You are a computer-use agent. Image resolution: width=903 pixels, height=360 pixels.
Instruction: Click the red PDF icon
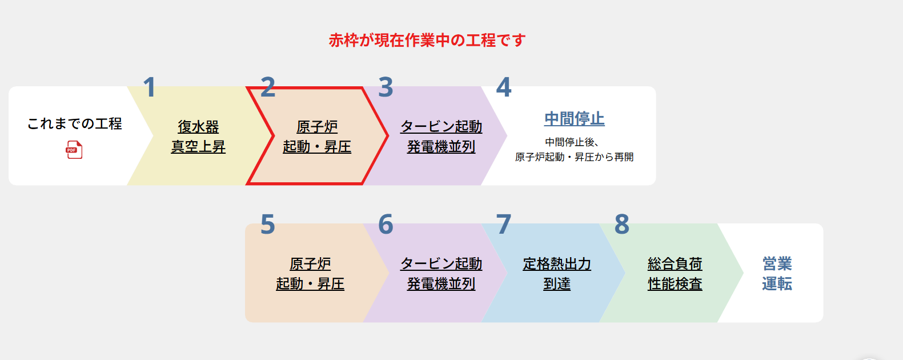click(x=74, y=150)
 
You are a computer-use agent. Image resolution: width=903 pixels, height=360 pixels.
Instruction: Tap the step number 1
click(x=150, y=87)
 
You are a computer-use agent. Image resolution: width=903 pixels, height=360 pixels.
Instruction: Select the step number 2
click(x=268, y=87)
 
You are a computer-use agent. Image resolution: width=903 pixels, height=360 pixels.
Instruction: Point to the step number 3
click(x=386, y=87)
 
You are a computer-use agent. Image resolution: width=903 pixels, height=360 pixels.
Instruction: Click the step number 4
click(x=504, y=87)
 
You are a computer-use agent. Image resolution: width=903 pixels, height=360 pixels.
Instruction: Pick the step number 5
click(x=268, y=225)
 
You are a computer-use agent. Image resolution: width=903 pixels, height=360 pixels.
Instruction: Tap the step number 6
click(x=386, y=224)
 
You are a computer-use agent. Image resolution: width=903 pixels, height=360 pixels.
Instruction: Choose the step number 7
click(x=504, y=225)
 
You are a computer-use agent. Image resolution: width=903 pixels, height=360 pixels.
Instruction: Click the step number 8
click(x=622, y=224)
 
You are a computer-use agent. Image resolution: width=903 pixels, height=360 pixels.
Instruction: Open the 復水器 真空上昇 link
click(x=198, y=137)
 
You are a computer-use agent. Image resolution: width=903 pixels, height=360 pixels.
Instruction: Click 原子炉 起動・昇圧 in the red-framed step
click(x=317, y=137)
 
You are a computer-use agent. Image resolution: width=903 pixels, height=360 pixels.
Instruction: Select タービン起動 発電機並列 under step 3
click(x=441, y=137)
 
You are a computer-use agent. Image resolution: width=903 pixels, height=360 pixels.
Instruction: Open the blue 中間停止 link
click(x=575, y=119)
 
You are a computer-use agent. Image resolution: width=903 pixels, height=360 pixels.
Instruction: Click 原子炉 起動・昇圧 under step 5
click(x=310, y=274)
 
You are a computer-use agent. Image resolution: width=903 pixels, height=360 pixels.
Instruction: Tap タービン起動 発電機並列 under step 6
click(x=441, y=274)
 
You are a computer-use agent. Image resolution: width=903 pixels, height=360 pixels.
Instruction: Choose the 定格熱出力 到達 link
click(x=557, y=274)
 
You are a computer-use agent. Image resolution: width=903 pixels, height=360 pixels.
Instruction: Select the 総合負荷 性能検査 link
click(x=675, y=274)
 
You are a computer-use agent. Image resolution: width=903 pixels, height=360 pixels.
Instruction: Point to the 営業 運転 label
click(x=777, y=274)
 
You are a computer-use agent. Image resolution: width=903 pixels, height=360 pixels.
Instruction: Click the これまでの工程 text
click(x=75, y=123)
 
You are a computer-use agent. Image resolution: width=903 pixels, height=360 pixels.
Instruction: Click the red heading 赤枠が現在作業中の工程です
click(x=427, y=41)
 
